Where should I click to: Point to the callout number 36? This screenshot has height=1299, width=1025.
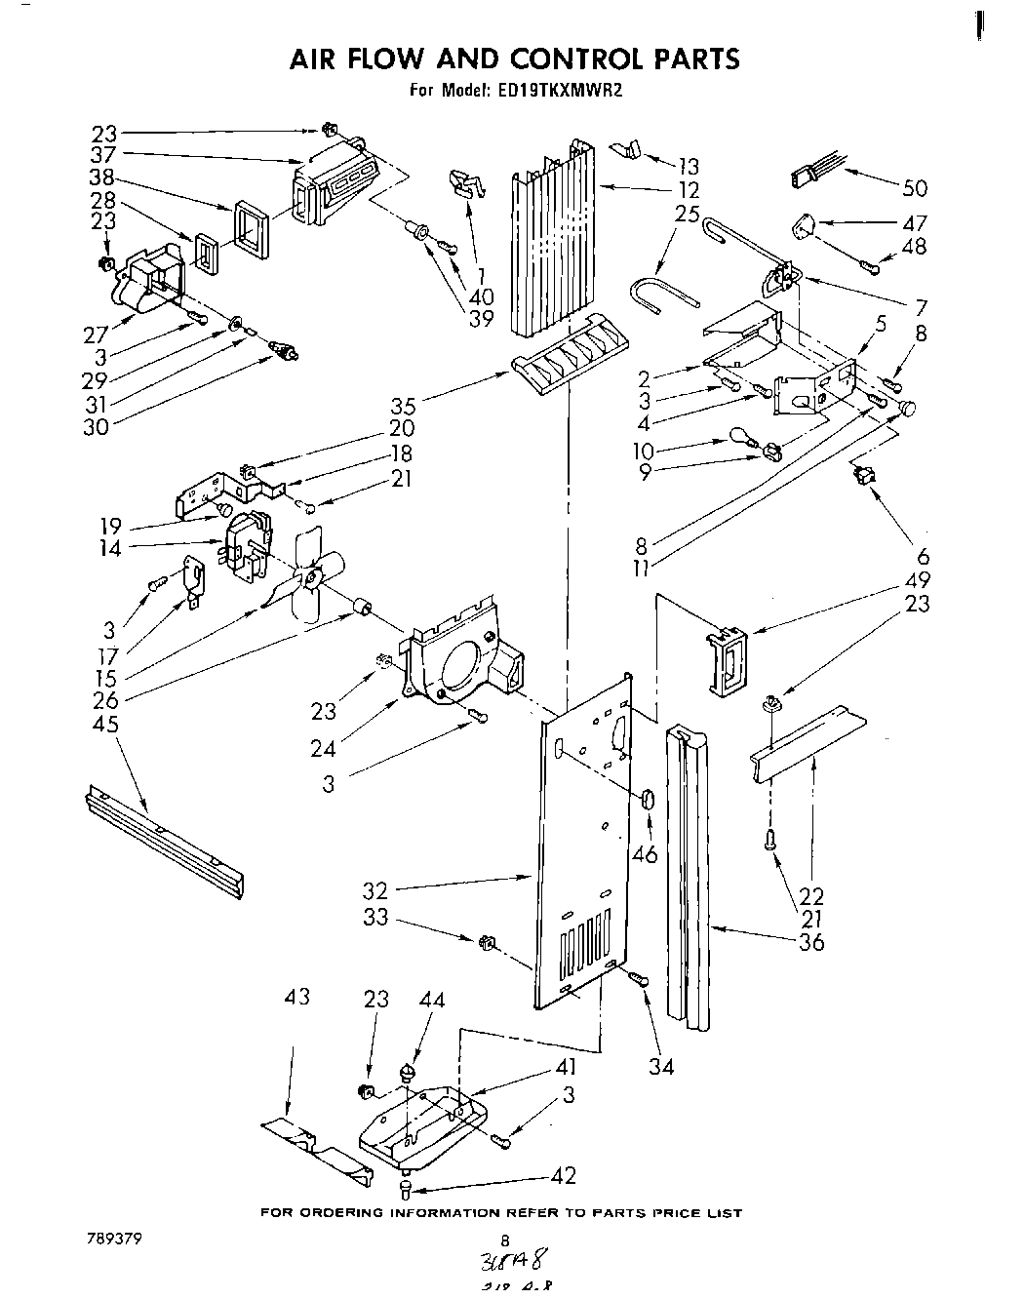[810, 942]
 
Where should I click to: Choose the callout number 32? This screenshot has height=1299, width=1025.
[374, 889]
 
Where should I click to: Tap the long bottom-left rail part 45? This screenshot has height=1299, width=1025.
[164, 839]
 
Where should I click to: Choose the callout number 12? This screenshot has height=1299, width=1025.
[689, 190]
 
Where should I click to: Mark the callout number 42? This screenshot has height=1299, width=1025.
[563, 1175]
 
